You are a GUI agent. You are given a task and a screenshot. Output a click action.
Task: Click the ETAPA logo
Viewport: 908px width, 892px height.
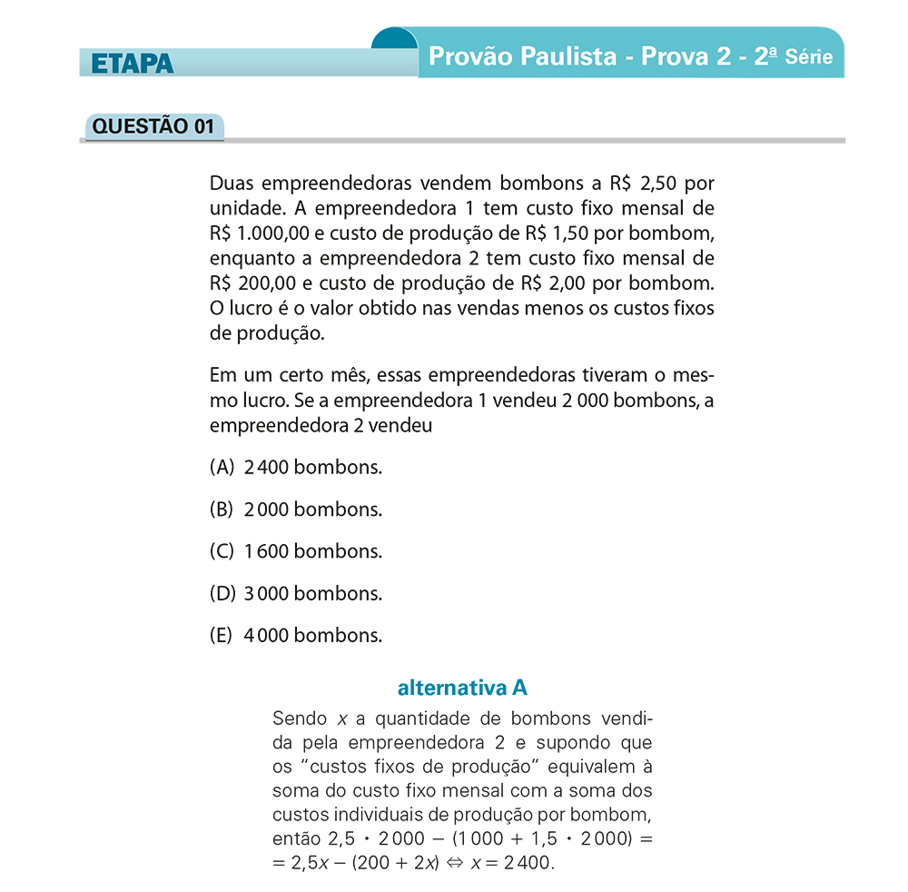pyautogui.click(x=132, y=64)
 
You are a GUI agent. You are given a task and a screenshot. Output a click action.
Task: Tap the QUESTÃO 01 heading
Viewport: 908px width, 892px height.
pyautogui.click(x=153, y=126)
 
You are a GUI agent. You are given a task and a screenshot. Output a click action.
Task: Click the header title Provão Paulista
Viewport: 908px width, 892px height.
pyautogui.click(x=522, y=56)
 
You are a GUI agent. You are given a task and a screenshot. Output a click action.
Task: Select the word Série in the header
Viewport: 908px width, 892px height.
pyautogui.click(x=809, y=56)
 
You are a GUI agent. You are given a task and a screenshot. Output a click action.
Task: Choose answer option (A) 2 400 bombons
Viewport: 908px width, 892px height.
pyautogui.click(x=296, y=468)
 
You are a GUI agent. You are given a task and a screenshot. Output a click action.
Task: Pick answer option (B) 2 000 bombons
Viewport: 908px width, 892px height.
pyautogui.click(x=296, y=510)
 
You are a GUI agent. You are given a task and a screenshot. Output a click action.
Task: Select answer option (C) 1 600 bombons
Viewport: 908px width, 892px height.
pyautogui.click(x=296, y=551)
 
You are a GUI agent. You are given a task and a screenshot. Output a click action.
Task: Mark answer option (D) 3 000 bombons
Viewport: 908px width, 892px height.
pyautogui.click(x=296, y=593)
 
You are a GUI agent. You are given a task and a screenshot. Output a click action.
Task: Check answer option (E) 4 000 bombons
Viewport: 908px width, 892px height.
pyautogui.click(x=296, y=635)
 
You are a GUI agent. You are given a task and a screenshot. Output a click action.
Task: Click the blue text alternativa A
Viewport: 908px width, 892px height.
pyautogui.click(x=462, y=687)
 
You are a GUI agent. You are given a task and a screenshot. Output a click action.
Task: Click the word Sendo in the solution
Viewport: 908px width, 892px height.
pyautogui.click(x=300, y=719)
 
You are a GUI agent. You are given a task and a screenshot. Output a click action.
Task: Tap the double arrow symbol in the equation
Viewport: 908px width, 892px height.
pyautogui.click(x=454, y=862)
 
